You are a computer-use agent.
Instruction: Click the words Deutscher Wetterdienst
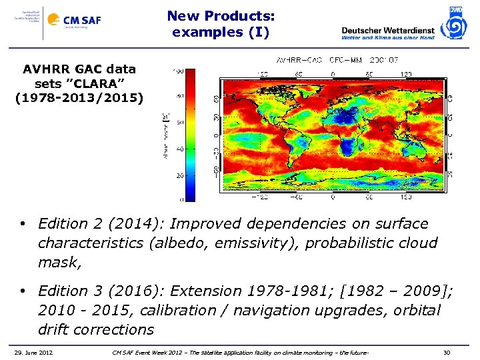point(387,29)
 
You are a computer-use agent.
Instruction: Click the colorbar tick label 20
point(179,175)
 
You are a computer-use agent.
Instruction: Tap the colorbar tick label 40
point(179,149)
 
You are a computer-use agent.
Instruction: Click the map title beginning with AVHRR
point(330,60)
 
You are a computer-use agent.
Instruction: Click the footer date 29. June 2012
point(34,351)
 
